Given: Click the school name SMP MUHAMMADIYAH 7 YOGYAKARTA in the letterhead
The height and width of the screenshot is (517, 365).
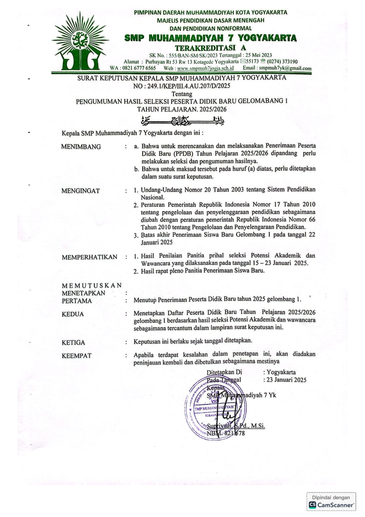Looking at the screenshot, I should [210, 38].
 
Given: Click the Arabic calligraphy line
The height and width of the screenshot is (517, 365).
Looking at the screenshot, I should [183, 122].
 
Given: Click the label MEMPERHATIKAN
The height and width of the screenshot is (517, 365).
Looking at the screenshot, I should [89, 257].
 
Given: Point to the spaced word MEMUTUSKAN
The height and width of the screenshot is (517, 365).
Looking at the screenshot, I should [92, 285].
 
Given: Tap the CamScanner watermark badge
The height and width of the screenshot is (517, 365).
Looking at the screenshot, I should [331, 502].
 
